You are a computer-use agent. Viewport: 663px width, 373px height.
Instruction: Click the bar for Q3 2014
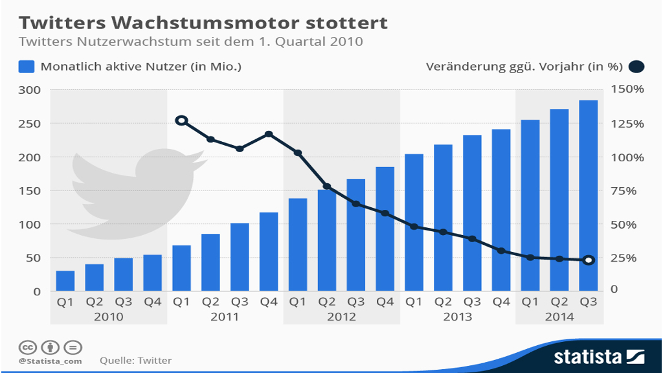tap(588, 195)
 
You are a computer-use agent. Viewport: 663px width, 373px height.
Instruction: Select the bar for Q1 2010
tap(65, 280)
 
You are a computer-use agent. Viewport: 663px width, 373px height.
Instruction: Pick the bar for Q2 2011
tap(211, 262)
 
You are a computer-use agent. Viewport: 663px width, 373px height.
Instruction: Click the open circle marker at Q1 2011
tap(182, 120)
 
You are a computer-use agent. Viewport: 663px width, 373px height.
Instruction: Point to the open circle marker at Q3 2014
tap(588, 260)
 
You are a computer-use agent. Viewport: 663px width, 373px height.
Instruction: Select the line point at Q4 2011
tap(269, 134)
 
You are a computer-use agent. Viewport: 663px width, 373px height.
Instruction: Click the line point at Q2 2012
tap(327, 186)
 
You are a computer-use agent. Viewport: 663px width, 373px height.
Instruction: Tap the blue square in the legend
tap(27, 66)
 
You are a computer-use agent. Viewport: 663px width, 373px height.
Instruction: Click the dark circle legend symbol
tap(636, 66)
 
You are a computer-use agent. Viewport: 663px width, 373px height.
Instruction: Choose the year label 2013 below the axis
tap(457, 317)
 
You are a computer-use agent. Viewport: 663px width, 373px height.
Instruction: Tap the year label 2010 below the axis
tap(109, 317)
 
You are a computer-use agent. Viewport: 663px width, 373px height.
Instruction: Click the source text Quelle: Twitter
tap(136, 360)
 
